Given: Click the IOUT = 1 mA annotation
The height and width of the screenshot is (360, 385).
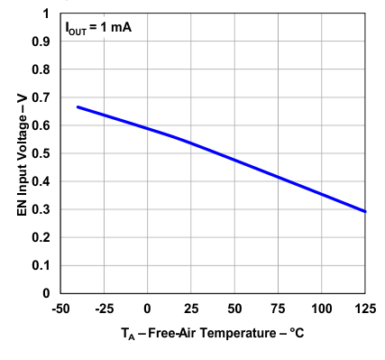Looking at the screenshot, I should (97, 28).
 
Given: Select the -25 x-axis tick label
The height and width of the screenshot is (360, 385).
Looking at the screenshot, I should (103, 308).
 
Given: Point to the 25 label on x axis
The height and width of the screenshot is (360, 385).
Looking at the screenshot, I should (191, 308).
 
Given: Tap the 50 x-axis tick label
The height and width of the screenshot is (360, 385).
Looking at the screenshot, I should (234, 308).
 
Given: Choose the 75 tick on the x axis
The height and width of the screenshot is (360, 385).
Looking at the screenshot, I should (278, 308).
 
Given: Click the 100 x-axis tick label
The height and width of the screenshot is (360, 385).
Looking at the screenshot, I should (322, 308).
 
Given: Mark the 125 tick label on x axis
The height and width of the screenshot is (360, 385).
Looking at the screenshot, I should (365, 308).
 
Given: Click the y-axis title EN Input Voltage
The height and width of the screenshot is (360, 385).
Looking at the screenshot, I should (21, 153).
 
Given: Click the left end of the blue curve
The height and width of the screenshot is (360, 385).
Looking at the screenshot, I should (78, 106).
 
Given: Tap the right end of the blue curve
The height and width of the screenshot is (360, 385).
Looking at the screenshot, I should (365, 211).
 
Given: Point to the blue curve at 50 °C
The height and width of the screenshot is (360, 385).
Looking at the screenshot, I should (234, 160).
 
